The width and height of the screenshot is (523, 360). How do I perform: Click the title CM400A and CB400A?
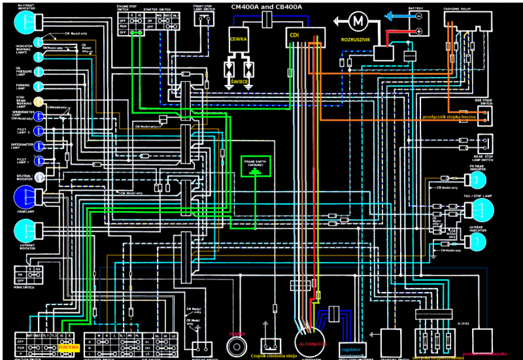(x=267, y=7)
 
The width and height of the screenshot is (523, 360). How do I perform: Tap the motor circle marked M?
(x=357, y=22)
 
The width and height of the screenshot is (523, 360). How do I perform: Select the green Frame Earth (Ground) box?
(x=255, y=167)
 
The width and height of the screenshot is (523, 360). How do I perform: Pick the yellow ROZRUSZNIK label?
(x=356, y=40)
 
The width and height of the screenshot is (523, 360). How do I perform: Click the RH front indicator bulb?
(x=24, y=23)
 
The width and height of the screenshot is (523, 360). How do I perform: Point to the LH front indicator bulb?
(x=25, y=230)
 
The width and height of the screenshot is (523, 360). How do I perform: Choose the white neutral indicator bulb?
(x=39, y=176)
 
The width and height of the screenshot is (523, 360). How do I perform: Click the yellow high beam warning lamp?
(x=39, y=102)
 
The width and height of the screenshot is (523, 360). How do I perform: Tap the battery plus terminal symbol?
(x=419, y=31)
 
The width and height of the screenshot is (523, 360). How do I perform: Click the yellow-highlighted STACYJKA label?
(x=69, y=347)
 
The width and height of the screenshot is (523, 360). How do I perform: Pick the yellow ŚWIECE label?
(x=239, y=82)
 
